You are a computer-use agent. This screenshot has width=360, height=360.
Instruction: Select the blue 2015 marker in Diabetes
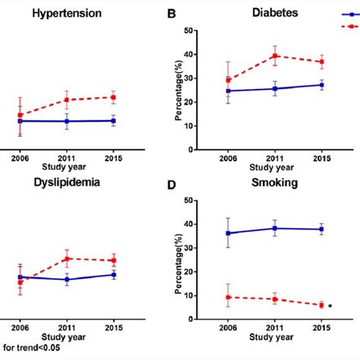coord(322,85)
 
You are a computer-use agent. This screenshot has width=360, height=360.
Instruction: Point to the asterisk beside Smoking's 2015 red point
coord(331,307)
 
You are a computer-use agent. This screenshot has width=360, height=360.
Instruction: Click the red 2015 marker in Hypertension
coord(113,97)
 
